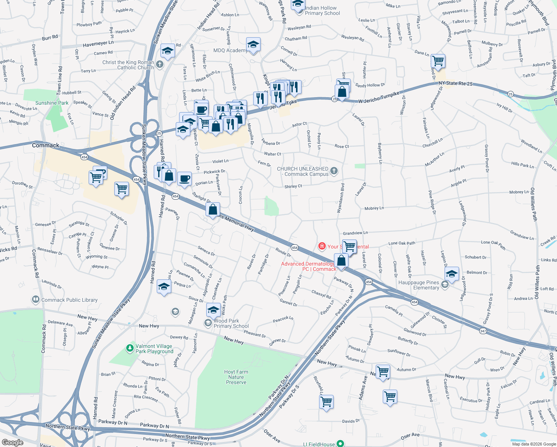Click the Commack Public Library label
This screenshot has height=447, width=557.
(x=69, y=300)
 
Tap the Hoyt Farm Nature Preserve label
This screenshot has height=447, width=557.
(x=236, y=377)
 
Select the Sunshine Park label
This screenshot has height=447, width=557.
(x=52, y=103)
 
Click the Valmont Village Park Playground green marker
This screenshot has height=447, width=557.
(x=130, y=348)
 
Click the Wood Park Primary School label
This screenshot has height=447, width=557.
(x=231, y=323)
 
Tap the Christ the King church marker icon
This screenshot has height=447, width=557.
(x=160, y=64)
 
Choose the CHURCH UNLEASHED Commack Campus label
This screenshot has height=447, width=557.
(x=302, y=171)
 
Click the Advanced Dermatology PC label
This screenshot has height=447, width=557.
(x=308, y=266)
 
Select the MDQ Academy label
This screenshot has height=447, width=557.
(x=230, y=50)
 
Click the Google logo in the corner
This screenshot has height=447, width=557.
(x=12, y=443)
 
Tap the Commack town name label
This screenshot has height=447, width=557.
(x=45, y=145)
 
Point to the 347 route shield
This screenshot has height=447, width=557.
(x=483, y=331)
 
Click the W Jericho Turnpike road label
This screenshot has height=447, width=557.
(x=379, y=98)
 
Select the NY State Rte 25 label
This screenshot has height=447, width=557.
(x=455, y=83)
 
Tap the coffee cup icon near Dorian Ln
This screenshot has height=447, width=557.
(x=184, y=179)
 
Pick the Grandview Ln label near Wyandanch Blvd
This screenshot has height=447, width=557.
(x=355, y=233)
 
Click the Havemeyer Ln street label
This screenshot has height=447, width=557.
(x=98, y=44)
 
